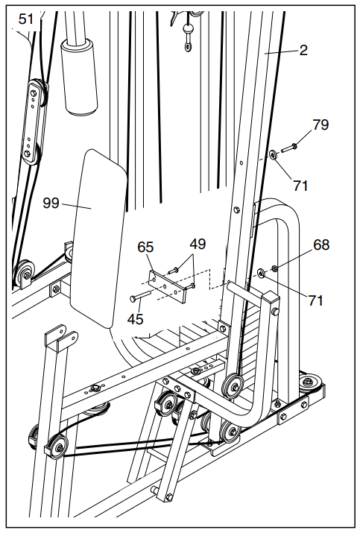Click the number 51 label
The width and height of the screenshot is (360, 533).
pyautogui.click(x=27, y=19)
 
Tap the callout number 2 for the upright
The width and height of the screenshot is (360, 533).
pyautogui.click(x=303, y=51)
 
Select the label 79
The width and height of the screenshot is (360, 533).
pyautogui.click(x=320, y=124)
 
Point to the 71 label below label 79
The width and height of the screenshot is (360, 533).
pyautogui.click(x=300, y=185)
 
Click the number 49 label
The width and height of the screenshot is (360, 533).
pyautogui.click(x=198, y=244)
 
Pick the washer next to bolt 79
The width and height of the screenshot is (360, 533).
pyautogui.click(x=274, y=155)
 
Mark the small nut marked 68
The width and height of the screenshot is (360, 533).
pyautogui.click(x=276, y=268)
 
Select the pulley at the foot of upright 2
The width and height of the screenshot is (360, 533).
pyautogui.click(x=234, y=385)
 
